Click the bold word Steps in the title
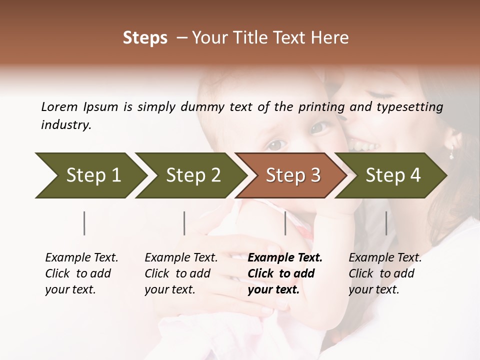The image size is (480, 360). point(145,38)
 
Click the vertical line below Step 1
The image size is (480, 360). point(84,223)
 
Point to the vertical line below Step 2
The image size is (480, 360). point(184,223)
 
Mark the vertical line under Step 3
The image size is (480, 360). point(285,223)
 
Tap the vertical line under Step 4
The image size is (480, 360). point(386,223)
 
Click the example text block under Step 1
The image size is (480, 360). point(81,273)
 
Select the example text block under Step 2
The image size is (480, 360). point(181,273)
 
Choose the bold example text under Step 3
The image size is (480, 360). point(285,273)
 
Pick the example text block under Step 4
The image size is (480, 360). point(385,273)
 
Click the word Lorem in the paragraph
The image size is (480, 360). point(59,106)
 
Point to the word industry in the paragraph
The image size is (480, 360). point(66,125)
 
